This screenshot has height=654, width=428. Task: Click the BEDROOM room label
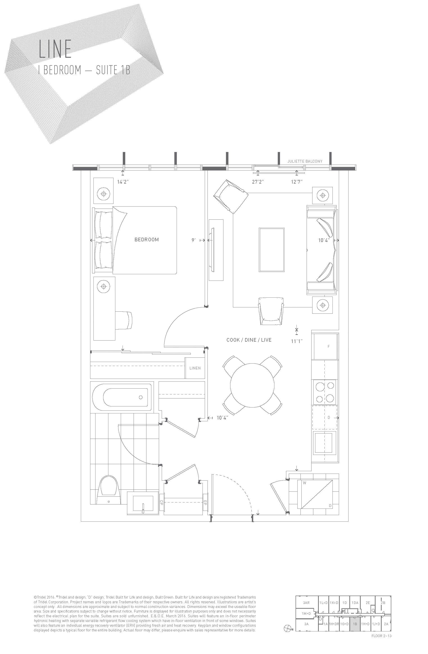146,240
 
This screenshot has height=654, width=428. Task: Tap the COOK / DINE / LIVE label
249,340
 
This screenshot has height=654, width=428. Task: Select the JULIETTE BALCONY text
305,161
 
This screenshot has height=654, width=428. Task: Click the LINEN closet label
195,368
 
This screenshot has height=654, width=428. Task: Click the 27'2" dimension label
258,182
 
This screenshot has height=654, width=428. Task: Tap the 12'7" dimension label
297,182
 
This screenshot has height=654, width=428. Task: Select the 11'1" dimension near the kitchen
297,341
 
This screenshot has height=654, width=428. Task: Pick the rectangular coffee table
271,249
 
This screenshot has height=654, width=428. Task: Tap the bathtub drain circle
141,397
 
